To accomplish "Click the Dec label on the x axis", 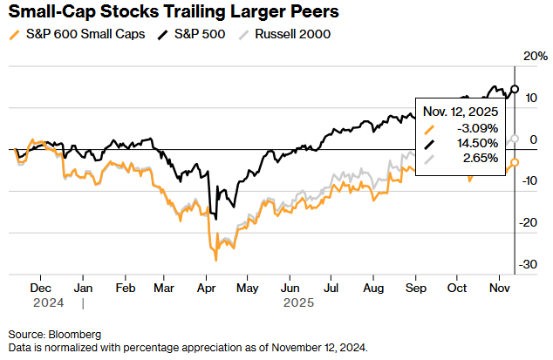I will [40, 286].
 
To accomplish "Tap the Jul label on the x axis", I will [331, 286].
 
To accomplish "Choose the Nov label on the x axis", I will [499, 286].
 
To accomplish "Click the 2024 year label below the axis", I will [40, 302].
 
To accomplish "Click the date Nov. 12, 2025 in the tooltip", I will [460, 112].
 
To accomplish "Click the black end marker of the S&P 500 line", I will [515, 89].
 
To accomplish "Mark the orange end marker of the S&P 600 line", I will [515, 162].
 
